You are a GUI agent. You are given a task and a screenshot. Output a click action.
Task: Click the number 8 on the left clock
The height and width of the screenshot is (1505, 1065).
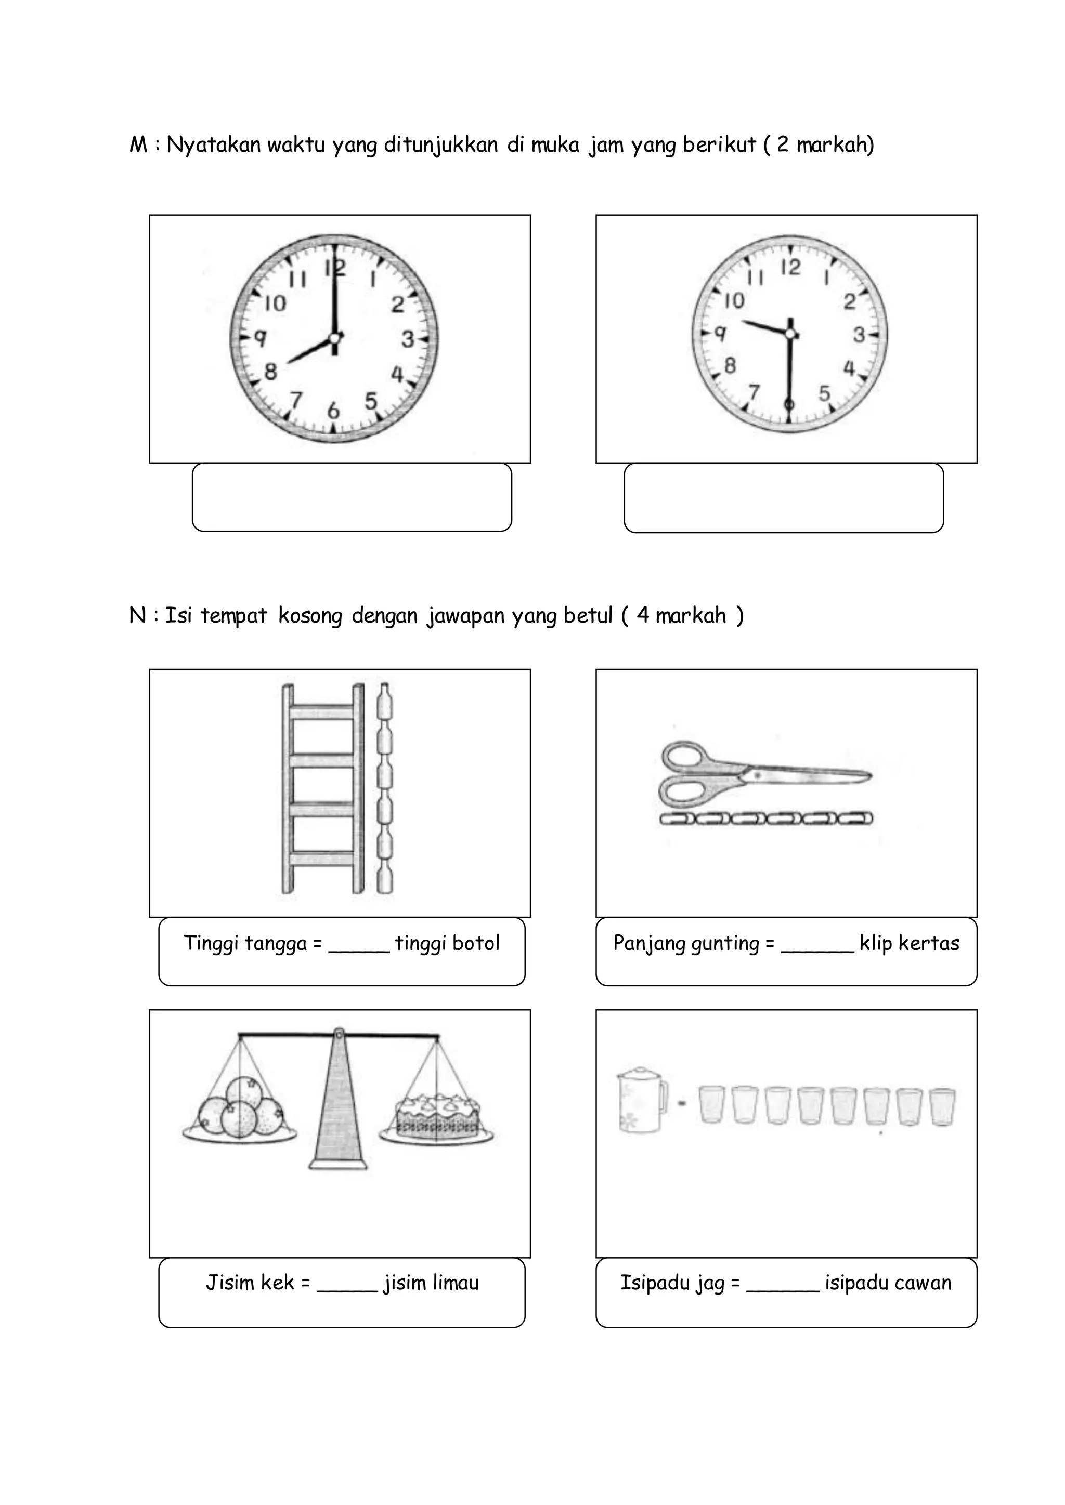coord(271,372)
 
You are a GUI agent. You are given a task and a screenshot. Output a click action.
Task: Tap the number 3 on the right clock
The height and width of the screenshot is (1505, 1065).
coord(859,335)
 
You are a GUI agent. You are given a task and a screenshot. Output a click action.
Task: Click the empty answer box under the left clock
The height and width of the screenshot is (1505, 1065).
coord(352,497)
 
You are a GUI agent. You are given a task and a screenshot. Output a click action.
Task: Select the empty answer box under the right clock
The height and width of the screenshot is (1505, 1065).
coord(783,498)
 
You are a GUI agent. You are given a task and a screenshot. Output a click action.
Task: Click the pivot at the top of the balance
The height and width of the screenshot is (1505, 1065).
coord(339,1034)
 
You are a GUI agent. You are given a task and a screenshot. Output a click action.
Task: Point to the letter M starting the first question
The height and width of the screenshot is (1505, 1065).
coord(138,145)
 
